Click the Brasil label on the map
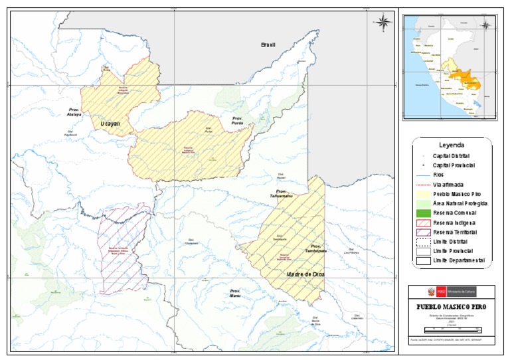[268, 45]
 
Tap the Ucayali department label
[110, 124]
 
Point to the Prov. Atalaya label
[74, 112]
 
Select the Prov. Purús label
[238, 120]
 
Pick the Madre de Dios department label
[305, 274]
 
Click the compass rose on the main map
[383, 23]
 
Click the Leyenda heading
[452, 144]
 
